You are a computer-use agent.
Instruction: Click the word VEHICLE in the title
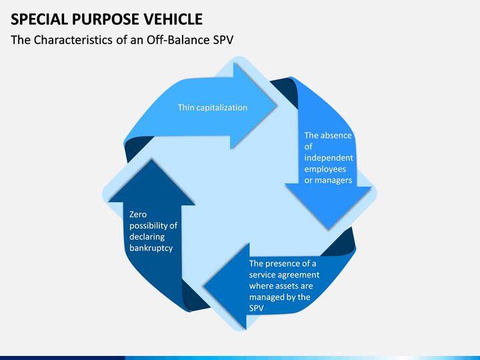point(173,19)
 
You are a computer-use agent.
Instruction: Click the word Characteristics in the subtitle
point(73,40)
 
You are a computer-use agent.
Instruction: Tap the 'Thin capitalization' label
point(213,107)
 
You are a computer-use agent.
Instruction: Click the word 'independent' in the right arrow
point(329,157)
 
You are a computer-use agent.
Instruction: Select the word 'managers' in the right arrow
point(333,180)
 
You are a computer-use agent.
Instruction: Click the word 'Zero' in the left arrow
point(138,214)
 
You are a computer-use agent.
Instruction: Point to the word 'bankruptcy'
point(151,248)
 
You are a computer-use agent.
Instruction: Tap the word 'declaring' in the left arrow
point(147,237)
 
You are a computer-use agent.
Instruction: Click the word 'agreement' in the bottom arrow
point(301,275)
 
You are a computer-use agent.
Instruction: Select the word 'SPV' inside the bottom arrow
point(256,308)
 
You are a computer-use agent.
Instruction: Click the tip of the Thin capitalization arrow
point(277,106)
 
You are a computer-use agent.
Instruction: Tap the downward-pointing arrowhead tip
point(329,229)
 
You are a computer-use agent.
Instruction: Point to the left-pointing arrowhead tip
point(203,287)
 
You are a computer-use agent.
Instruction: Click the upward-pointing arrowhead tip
point(151,159)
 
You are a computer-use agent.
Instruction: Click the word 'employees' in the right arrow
point(325,169)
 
